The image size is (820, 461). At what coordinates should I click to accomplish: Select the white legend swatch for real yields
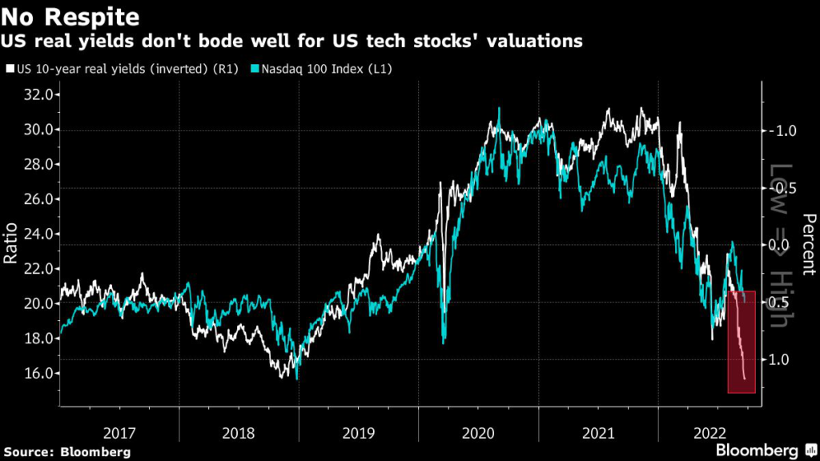(10, 69)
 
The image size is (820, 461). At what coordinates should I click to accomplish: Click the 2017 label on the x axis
(119, 432)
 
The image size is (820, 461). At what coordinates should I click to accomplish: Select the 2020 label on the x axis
(478, 432)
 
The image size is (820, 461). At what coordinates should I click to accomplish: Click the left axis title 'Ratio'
(10, 246)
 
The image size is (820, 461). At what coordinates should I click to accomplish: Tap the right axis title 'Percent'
(808, 245)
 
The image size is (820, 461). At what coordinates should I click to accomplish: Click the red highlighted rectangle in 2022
(742, 342)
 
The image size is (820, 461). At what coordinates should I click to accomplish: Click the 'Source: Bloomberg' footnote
(66, 452)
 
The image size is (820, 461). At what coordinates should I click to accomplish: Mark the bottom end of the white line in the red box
(745, 379)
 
